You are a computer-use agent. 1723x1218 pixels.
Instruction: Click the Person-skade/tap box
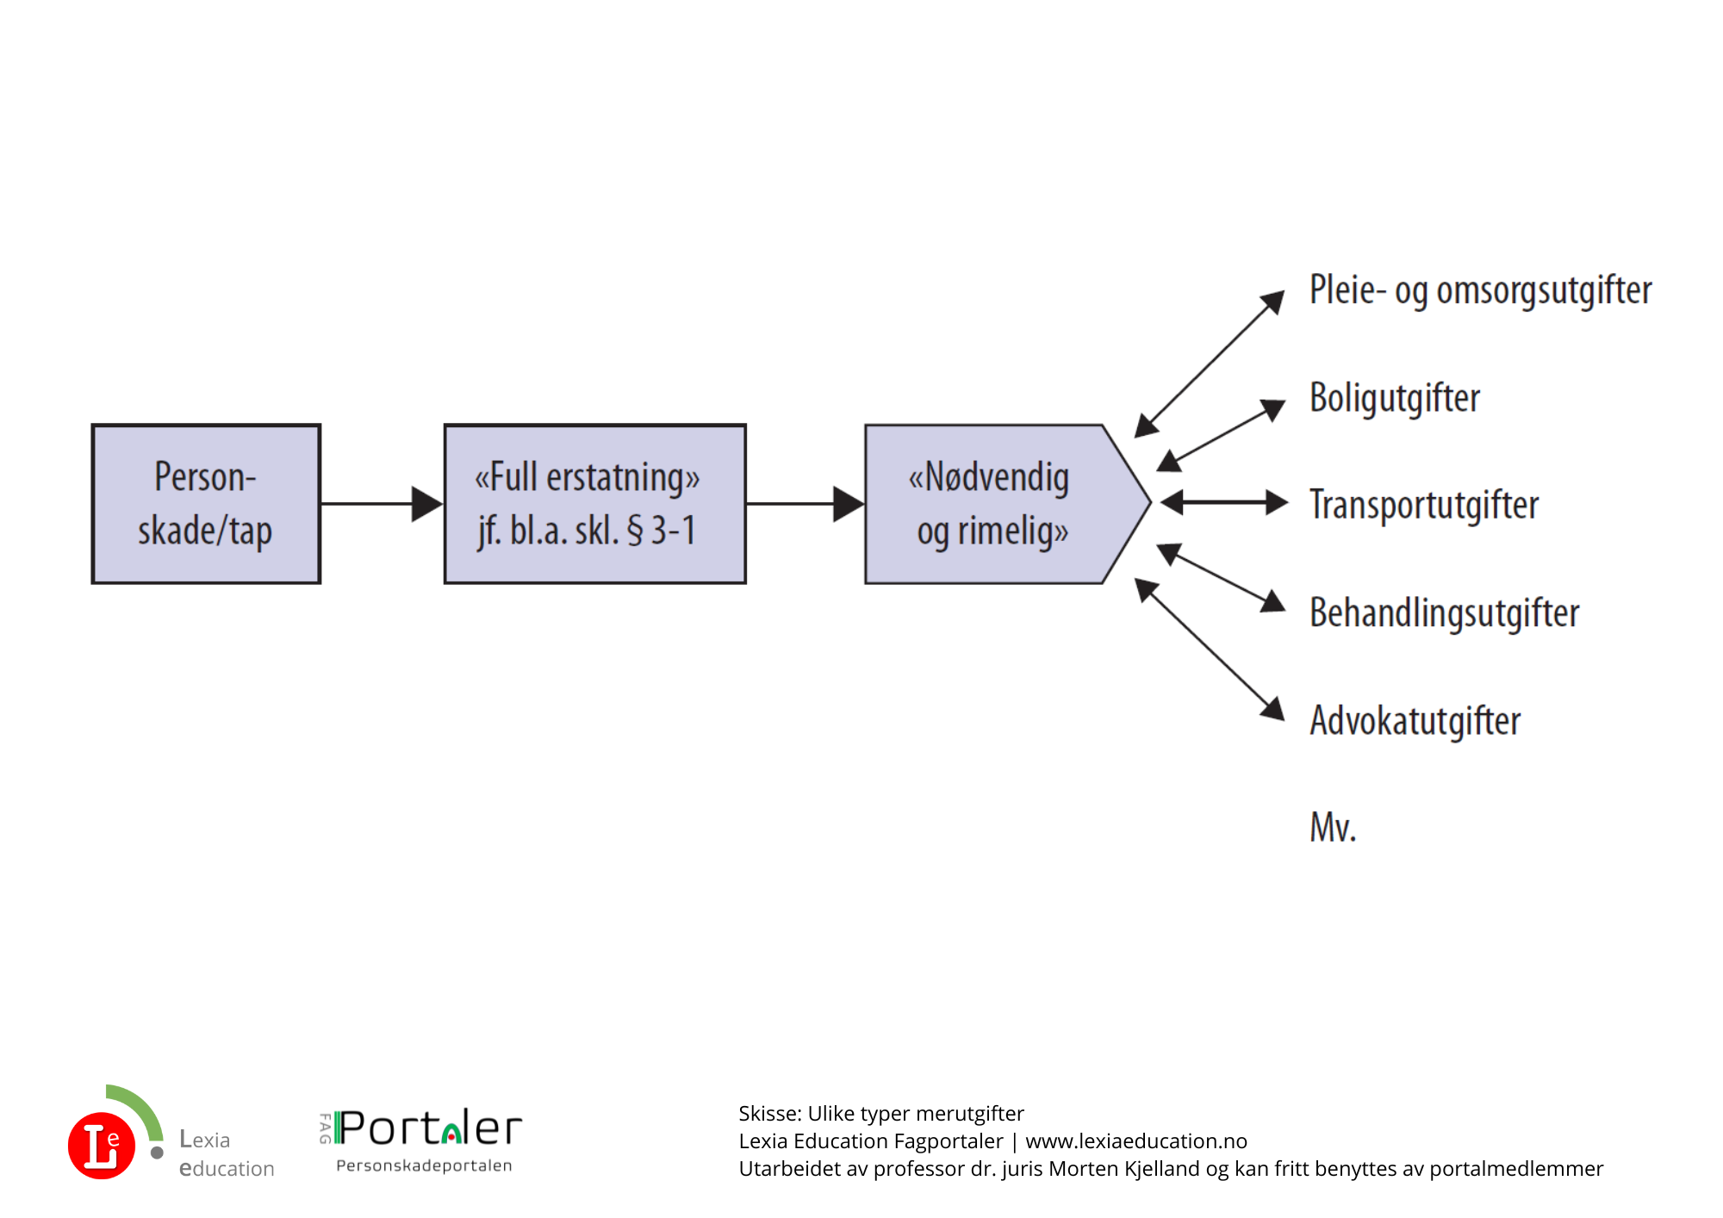[x=206, y=504]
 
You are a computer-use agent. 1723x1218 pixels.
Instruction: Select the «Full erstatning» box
[x=594, y=504]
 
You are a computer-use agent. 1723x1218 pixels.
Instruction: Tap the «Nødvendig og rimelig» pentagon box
[x=1008, y=504]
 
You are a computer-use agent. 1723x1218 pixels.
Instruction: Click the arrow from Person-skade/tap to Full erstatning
[x=382, y=504]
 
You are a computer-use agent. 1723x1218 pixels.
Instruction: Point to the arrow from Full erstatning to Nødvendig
[x=806, y=504]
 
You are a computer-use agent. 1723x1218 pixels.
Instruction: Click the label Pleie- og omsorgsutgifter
[x=1480, y=290]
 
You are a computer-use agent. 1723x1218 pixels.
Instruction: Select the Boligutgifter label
[x=1395, y=398]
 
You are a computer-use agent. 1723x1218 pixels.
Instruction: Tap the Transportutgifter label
[x=1424, y=506]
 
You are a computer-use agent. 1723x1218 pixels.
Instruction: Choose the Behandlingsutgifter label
[x=1445, y=613]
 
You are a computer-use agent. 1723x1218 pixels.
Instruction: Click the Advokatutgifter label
[x=1415, y=721]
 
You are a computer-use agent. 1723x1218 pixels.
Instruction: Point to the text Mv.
[x=1333, y=828]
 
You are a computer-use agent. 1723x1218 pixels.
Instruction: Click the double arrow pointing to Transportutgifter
[x=1224, y=502]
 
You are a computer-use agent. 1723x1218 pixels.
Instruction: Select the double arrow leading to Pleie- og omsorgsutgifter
[x=1210, y=364]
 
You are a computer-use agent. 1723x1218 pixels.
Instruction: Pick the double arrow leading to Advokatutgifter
[x=1210, y=649]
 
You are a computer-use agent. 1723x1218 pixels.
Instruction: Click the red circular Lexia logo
[x=102, y=1146]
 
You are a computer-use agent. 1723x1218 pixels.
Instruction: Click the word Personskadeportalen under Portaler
[x=424, y=1165]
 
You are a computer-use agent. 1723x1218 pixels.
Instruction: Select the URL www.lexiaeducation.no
[x=1136, y=1141]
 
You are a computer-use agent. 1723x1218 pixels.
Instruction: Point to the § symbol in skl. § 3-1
[x=635, y=531]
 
